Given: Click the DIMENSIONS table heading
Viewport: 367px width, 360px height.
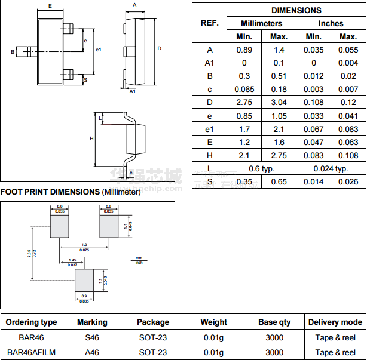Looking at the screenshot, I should [296, 10].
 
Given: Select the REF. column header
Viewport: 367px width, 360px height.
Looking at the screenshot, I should [209, 23].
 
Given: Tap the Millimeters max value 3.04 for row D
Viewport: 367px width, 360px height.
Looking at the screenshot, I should [279, 102].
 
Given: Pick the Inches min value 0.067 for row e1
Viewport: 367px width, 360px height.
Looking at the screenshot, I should [313, 129].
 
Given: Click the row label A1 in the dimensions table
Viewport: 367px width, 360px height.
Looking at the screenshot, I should [209, 63].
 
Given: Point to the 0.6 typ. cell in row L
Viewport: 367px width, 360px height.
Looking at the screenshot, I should [261, 168].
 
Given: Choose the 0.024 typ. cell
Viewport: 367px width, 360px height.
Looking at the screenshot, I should [331, 168].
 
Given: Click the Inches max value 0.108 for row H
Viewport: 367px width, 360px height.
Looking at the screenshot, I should [348, 155].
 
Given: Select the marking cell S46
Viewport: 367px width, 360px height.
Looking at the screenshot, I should [92, 337].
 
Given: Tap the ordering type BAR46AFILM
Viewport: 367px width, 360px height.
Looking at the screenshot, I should [31, 352].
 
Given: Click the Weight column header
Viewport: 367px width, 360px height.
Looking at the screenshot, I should [213, 322].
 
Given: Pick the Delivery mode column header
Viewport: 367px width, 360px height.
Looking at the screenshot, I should [335, 322].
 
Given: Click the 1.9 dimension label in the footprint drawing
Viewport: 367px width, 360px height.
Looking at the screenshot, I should [84, 245].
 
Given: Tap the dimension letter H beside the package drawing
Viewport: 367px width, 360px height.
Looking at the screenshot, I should [91, 139].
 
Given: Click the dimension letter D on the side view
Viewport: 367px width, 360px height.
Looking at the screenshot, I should [159, 48].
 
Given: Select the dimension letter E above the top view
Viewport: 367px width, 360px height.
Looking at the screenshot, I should [50, 6].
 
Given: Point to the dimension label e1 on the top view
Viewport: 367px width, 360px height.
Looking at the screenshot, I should [99, 49].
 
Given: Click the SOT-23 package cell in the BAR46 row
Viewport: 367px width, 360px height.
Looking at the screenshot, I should [152, 337].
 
